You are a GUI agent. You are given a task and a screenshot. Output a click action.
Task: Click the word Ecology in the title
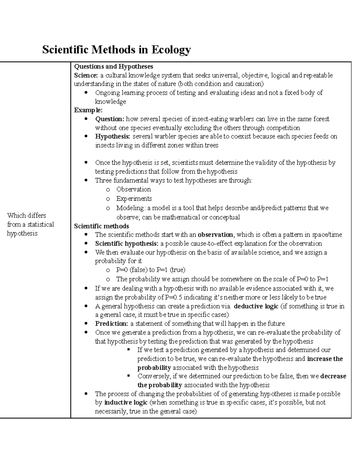[x=171, y=50]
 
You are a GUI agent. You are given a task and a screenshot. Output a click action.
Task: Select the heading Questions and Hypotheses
[x=113, y=66]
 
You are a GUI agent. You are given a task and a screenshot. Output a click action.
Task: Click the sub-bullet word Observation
[x=133, y=189]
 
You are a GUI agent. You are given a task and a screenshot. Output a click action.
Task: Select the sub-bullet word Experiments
[x=134, y=199]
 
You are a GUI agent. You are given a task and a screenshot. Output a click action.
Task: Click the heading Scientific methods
[x=101, y=226]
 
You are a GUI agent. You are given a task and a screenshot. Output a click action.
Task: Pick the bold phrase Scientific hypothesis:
[x=127, y=243]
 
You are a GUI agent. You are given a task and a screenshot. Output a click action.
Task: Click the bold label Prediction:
[x=112, y=324]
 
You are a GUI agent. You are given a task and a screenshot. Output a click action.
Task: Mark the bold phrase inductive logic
[x=126, y=402]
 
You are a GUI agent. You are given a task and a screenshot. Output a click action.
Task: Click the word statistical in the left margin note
[x=40, y=224]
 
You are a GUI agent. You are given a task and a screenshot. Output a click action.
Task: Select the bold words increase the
[x=325, y=359]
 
